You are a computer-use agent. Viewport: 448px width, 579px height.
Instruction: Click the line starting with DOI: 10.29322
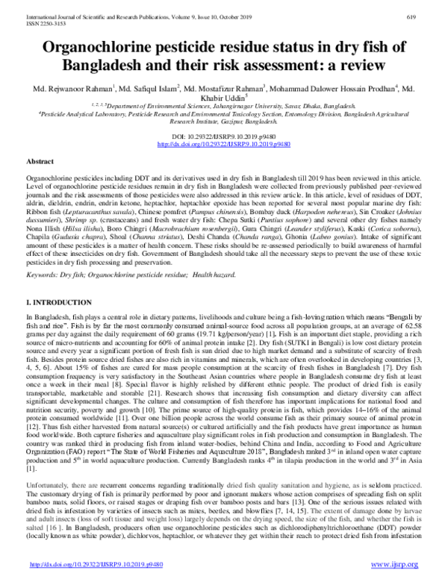click(x=223, y=137)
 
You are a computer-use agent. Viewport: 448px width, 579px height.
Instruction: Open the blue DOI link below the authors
click(x=223, y=144)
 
